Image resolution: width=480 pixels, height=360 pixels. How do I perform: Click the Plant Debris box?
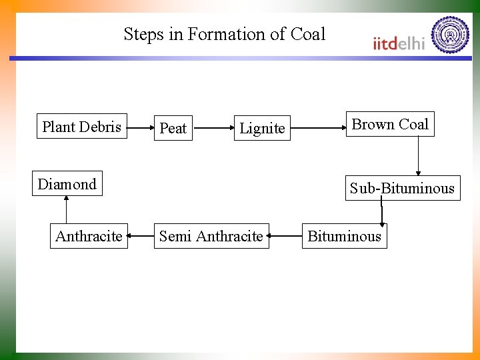[81, 127]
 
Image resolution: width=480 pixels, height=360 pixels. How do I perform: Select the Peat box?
[173, 128]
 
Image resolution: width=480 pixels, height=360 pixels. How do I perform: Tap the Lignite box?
[262, 128]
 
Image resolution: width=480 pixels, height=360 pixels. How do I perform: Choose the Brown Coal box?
[390, 124]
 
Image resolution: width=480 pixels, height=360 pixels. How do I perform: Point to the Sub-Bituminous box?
[402, 188]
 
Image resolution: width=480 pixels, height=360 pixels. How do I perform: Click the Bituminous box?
[344, 236]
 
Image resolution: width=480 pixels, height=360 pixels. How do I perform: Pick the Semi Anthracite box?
[211, 236]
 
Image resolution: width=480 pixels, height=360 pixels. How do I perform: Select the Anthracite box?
[89, 236]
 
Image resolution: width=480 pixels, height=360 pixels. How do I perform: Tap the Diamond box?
[67, 184]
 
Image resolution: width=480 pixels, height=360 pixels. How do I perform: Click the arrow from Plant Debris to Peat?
[139, 126]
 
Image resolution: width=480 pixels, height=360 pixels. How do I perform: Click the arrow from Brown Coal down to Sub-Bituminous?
[418, 156]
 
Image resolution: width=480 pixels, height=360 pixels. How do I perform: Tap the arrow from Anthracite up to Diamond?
[66, 209]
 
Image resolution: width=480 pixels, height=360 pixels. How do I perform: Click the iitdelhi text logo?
[399, 43]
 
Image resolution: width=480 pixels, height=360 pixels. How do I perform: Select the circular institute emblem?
[450, 35]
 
